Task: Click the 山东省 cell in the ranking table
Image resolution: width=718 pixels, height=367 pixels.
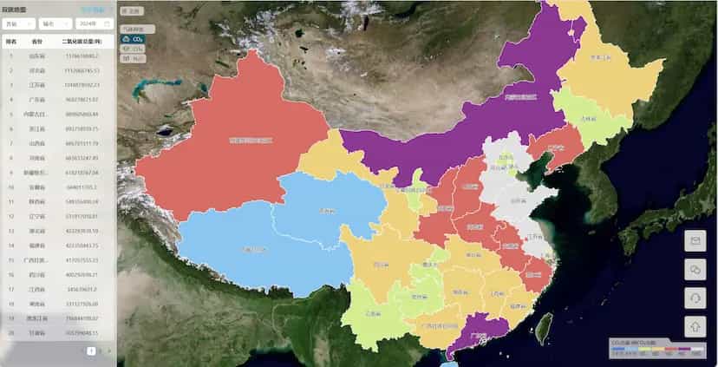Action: click(37, 56)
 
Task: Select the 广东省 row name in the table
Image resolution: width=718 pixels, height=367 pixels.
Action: click(37, 100)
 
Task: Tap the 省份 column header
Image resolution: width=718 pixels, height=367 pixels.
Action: click(37, 41)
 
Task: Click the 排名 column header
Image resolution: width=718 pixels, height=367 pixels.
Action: click(11, 41)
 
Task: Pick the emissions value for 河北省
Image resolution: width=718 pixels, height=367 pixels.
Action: click(82, 70)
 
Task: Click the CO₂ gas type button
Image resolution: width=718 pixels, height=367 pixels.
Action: click(133, 39)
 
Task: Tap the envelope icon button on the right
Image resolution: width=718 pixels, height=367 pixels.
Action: click(695, 240)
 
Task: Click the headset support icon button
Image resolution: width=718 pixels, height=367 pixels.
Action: click(695, 298)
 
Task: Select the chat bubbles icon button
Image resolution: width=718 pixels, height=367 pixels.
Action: click(695, 269)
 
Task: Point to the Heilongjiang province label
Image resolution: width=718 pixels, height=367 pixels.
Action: click(607, 59)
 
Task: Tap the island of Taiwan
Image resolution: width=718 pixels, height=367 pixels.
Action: click(544, 327)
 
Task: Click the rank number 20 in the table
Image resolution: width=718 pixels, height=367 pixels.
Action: click(11, 333)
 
